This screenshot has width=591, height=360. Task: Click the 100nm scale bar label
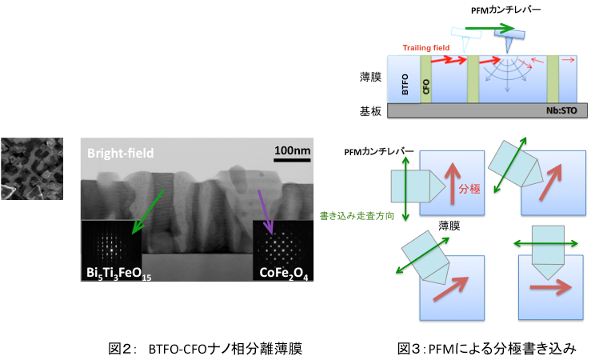292,150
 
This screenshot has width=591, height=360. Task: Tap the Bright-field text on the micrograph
120,153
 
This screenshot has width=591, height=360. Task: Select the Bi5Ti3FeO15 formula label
118,273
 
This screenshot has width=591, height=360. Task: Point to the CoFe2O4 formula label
283,273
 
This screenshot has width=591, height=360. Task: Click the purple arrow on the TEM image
266,212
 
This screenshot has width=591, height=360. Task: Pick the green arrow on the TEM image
147,212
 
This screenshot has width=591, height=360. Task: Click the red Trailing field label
426,48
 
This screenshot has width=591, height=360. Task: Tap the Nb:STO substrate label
561,110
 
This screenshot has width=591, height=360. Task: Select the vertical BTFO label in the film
405,84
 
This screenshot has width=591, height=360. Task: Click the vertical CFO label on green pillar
426,86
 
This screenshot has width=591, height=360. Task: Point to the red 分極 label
469,189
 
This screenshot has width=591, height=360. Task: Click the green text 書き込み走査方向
357,216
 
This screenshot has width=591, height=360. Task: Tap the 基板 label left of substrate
370,111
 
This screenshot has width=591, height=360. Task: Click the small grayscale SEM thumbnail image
32,169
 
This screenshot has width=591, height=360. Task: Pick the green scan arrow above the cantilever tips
490,28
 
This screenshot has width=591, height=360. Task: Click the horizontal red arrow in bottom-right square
551,288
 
